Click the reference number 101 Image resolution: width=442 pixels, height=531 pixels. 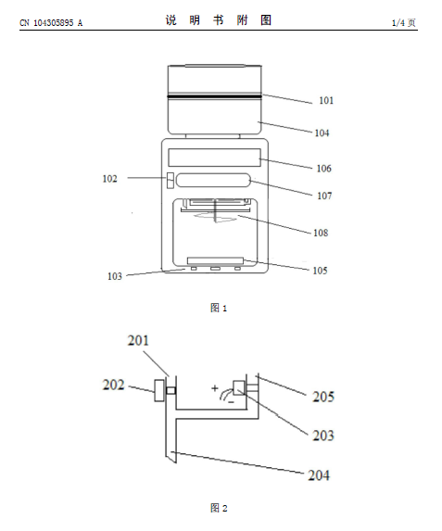point(326,100)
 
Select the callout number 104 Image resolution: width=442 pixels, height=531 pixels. point(322,133)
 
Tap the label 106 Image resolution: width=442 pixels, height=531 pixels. point(323,169)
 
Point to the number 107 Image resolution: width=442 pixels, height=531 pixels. point(324,196)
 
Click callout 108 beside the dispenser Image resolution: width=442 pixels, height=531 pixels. point(321,233)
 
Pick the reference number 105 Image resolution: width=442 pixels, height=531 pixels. point(320,271)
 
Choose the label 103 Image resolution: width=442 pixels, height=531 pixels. point(115,276)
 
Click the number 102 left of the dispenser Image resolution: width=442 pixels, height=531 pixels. point(109,179)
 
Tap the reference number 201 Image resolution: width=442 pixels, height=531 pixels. point(138,340)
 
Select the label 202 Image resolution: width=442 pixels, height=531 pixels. point(113,385)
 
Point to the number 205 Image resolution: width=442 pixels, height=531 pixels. point(323,397)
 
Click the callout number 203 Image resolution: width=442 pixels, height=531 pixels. point(323,436)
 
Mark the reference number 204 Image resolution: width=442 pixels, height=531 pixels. point(319,475)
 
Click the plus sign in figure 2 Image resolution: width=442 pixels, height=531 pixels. point(215,388)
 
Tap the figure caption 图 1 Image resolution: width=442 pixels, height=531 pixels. point(219,308)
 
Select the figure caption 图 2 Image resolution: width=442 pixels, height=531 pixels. point(219,508)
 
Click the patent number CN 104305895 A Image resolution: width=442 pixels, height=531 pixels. point(51,22)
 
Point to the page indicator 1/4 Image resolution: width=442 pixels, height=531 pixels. point(398,22)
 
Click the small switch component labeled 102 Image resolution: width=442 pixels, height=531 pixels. point(170,180)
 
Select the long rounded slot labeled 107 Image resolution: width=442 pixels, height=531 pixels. point(213,180)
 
